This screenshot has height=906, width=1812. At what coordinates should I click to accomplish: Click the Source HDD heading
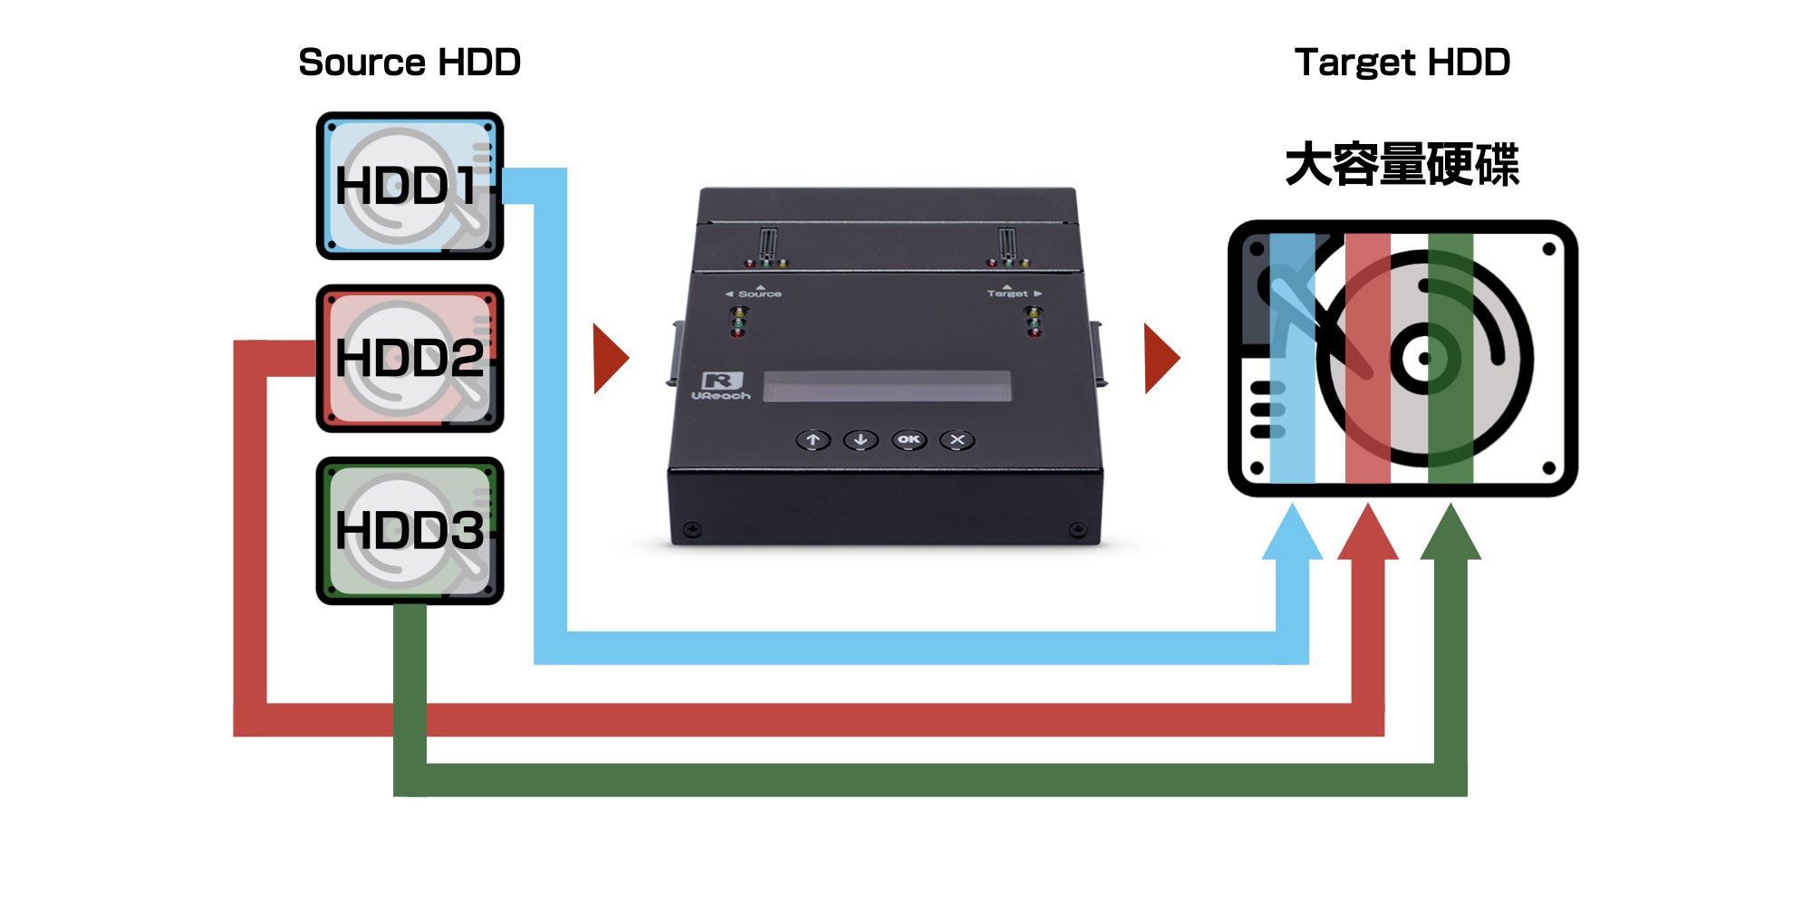coord(410,63)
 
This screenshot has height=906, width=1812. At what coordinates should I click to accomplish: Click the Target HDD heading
coord(1402,63)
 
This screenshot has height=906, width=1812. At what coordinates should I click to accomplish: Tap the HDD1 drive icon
coord(410,186)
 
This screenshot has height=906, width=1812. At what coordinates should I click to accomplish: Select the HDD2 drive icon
coord(410,358)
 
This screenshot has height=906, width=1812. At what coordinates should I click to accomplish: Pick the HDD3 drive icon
coord(410,530)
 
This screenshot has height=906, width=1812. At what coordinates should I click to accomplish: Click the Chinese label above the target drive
coord(1402,165)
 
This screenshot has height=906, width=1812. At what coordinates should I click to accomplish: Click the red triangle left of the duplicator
coord(609,359)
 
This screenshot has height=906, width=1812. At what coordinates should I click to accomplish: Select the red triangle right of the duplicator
coord(1161,359)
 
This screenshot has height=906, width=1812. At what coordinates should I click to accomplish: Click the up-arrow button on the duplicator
coord(814,440)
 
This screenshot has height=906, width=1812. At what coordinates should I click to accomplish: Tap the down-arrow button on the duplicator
coord(861,440)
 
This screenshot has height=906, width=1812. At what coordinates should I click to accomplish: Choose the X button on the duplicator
coord(958,440)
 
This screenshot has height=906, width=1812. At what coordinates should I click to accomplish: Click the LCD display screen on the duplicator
coord(887,386)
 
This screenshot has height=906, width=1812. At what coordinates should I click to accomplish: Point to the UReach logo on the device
coord(722,386)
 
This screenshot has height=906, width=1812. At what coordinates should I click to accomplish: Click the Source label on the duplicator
coord(758,294)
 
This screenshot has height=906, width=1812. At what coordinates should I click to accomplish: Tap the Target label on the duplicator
coord(1008,294)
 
